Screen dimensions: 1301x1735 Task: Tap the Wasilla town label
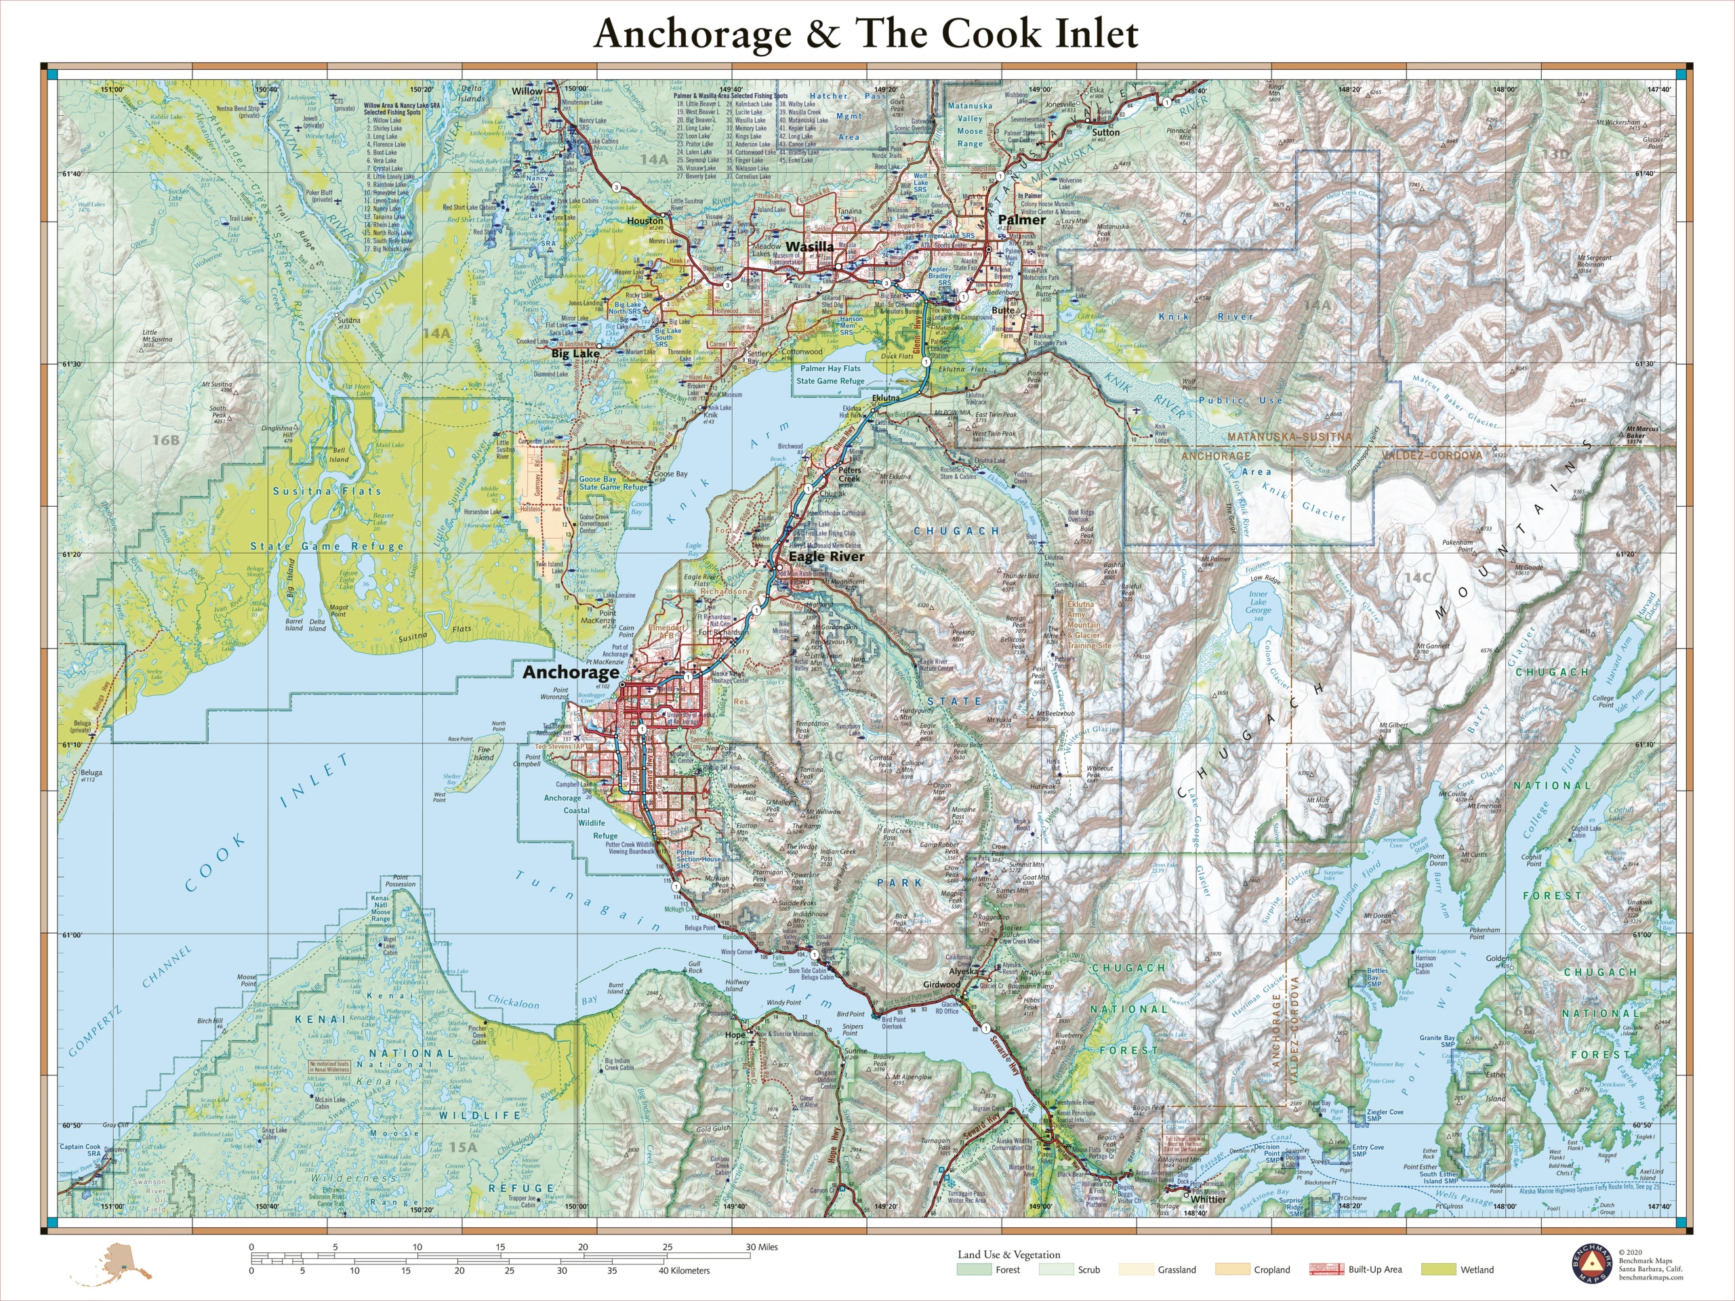[809, 246]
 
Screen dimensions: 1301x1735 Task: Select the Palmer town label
[1021, 220]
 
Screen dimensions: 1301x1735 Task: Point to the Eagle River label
[826, 556]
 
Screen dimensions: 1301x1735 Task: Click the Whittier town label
[1208, 1199]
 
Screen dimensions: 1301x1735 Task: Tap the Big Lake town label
[575, 354]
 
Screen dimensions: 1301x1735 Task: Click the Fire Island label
[484, 753]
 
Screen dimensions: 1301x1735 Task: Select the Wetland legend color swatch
[1440, 1270]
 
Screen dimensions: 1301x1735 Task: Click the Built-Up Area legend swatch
[1326, 1270]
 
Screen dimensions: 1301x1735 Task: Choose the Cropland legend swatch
[1232, 1270]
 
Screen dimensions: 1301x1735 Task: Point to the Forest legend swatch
[974, 1270]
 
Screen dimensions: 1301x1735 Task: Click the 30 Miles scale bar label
[761, 1247]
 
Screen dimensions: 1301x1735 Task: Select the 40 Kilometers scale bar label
[684, 1271]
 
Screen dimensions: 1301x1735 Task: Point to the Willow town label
[527, 91]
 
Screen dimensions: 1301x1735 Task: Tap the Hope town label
[734, 1035]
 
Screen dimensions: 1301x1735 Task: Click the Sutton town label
[1106, 133]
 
